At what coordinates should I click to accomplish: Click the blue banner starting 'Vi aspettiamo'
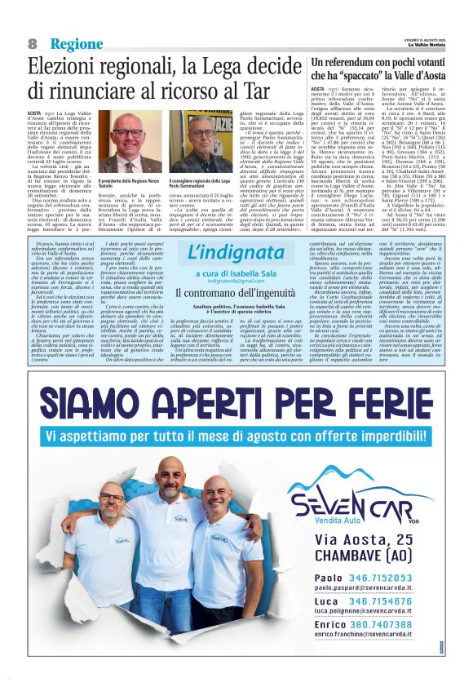[x=236, y=437]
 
